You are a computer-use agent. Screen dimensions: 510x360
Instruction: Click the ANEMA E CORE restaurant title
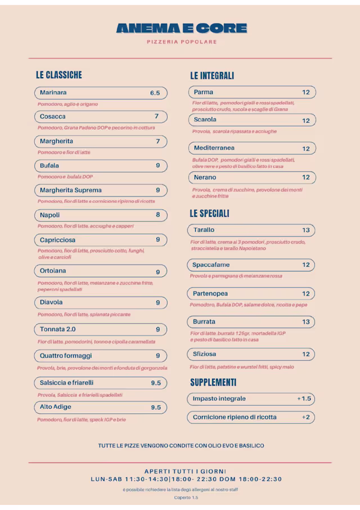click(x=181, y=28)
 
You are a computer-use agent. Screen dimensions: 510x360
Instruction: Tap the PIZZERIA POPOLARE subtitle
click(x=181, y=42)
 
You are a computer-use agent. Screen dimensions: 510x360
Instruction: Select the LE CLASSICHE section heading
click(x=58, y=75)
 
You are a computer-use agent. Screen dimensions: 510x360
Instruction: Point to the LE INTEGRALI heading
click(x=212, y=75)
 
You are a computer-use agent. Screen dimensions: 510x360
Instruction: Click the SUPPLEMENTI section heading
click(x=213, y=382)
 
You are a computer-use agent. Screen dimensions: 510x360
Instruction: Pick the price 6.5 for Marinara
click(x=155, y=93)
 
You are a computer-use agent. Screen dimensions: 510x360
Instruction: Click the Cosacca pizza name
click(x=52, y=117)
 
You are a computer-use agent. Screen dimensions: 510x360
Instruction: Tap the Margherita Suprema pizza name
click(x=70, y=190)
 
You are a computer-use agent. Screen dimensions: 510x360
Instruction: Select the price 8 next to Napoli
click(x=158, y=215)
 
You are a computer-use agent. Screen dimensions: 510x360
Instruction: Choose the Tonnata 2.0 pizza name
click(x=57, y=329)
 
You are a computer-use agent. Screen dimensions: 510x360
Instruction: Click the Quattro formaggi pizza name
click(x=65, y=356)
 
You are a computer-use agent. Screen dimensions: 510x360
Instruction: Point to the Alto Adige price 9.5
click(x=156, y=407)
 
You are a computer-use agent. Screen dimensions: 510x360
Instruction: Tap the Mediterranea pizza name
click(x=214, y=148)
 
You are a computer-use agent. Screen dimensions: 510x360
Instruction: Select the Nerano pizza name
click(x=205, y=177)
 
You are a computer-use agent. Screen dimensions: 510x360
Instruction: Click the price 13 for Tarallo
click(x=306, y=230)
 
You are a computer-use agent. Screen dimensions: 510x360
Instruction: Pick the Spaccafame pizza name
click(x=211, y=265)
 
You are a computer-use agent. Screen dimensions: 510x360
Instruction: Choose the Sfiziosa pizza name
click(x=204, y=354)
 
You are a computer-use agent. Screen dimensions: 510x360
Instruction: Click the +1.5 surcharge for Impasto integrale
click(x=304, y=399)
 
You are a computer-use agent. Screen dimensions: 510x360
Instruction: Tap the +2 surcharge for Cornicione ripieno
click(x=305, y=417)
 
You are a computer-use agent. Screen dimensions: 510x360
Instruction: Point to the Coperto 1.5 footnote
click(x=186, y=498)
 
